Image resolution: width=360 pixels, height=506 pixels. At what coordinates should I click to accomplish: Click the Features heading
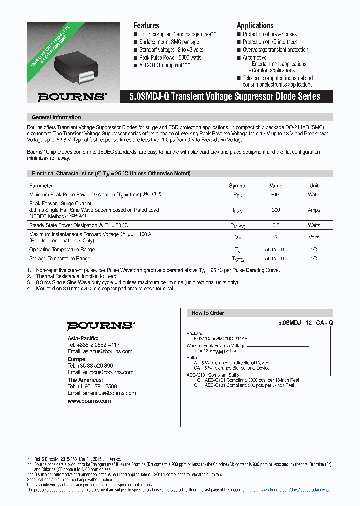146,25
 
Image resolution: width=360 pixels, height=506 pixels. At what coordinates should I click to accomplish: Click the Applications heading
255,25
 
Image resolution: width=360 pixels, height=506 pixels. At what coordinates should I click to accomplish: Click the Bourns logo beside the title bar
72,97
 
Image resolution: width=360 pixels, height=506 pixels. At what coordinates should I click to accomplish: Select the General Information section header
56,117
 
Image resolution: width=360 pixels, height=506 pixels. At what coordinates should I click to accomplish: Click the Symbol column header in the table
238,185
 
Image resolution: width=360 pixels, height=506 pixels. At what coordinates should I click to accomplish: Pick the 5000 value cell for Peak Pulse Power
276,194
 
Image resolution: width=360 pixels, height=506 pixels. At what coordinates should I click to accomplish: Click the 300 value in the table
276,210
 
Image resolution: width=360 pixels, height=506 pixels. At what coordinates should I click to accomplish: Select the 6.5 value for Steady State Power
276,226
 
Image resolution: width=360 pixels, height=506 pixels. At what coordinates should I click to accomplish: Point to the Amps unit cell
314,210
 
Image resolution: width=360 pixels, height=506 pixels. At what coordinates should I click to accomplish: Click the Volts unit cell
314,237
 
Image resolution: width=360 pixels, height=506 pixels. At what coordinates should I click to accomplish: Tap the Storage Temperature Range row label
60,259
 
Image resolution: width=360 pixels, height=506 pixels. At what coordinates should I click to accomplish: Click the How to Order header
208,313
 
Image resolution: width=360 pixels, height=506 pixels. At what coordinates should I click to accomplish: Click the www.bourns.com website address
89,401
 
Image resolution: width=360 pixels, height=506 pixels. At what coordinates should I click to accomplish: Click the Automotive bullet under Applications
254,58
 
